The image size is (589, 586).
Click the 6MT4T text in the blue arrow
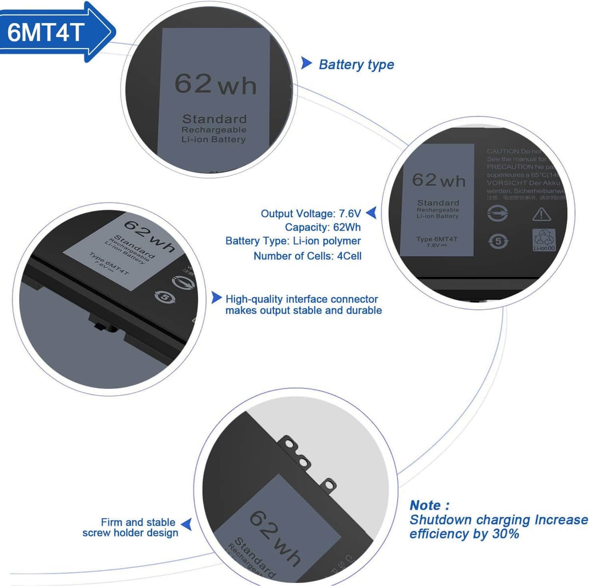(x=46, y=32)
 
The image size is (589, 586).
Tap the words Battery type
(x=356, y=65)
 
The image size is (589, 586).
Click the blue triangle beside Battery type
(x=306, y=63)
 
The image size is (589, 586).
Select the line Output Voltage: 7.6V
(x=311, y=213)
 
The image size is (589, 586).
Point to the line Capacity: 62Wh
(x=322, y=227)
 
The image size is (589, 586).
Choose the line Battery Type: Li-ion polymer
(x=293, y=241)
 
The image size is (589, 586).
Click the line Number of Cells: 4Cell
(x=307, y=256)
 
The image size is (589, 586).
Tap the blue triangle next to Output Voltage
(x=372, y=213)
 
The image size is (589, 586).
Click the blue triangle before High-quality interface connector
(x=216, y=298)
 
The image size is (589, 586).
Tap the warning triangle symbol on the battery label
(x=541, y=214)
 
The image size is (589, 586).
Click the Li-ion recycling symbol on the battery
(x=544, y=240)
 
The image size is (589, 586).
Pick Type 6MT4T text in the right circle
(x=437, y=239)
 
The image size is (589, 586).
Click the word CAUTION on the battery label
(x=503, y=151)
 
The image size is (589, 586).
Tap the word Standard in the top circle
(x=214, y=119)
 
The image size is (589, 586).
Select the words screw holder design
(x=130, y=533)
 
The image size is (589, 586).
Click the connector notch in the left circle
(x=104, y=325)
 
